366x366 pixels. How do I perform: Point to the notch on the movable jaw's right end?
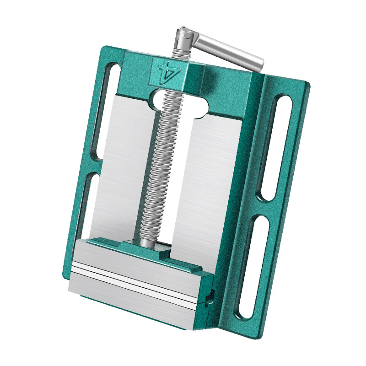210,297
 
